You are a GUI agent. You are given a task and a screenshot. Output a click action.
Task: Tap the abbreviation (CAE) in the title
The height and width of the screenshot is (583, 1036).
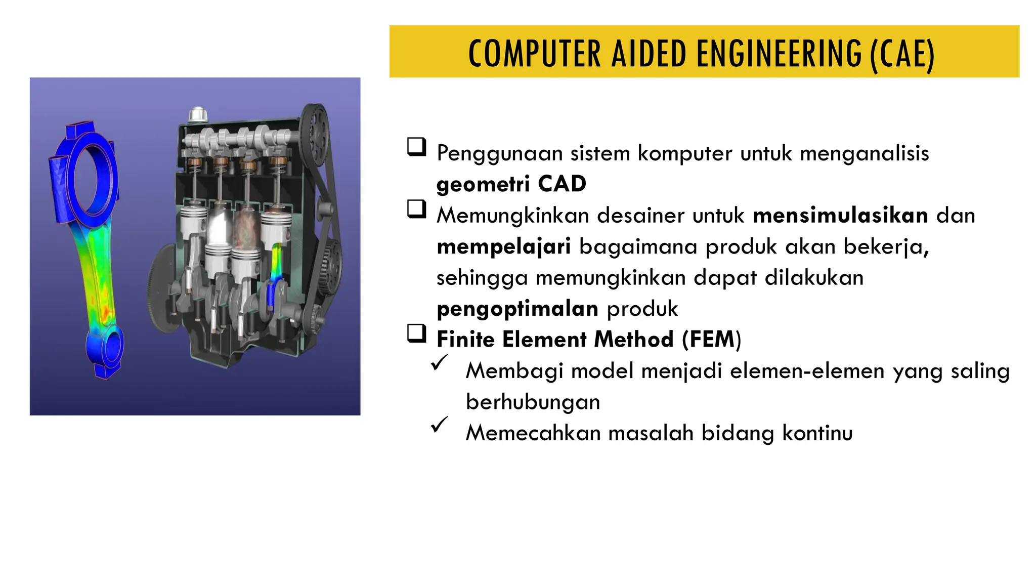pyautogui.click(x=902, y=55)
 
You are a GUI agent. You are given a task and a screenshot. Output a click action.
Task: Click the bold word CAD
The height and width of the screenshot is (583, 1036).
pyautogui.click(x=562, y=184)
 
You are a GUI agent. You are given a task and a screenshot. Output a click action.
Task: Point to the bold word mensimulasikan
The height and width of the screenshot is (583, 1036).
pyautogui.click(x=840, y=216)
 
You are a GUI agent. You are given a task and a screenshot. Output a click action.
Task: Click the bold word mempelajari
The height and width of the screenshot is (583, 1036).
pyautogui.click(x=503, y=247)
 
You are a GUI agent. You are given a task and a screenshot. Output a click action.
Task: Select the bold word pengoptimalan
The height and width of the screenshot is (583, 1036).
pyautogui.click(x=517, y=309)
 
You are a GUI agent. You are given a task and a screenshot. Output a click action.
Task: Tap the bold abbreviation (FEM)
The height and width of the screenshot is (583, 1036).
pyautogui.click(x=711, y=340)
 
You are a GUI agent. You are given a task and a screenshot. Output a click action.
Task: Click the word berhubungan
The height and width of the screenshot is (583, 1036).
pyautogui.click(x=533, y=402)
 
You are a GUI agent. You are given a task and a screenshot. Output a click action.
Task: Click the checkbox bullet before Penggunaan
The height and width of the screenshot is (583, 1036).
pyautogui.click(x=417, y=147)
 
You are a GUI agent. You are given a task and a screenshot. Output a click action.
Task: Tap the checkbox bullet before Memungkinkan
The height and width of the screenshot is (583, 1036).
pyautogui.click(x=417, y=209)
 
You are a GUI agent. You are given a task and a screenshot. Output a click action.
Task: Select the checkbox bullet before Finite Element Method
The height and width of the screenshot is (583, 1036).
pyautogui.click(x=417, y=334)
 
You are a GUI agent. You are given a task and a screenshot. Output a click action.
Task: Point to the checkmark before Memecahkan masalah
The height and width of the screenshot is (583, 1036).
pyautogui.click(x=440, y=425)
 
